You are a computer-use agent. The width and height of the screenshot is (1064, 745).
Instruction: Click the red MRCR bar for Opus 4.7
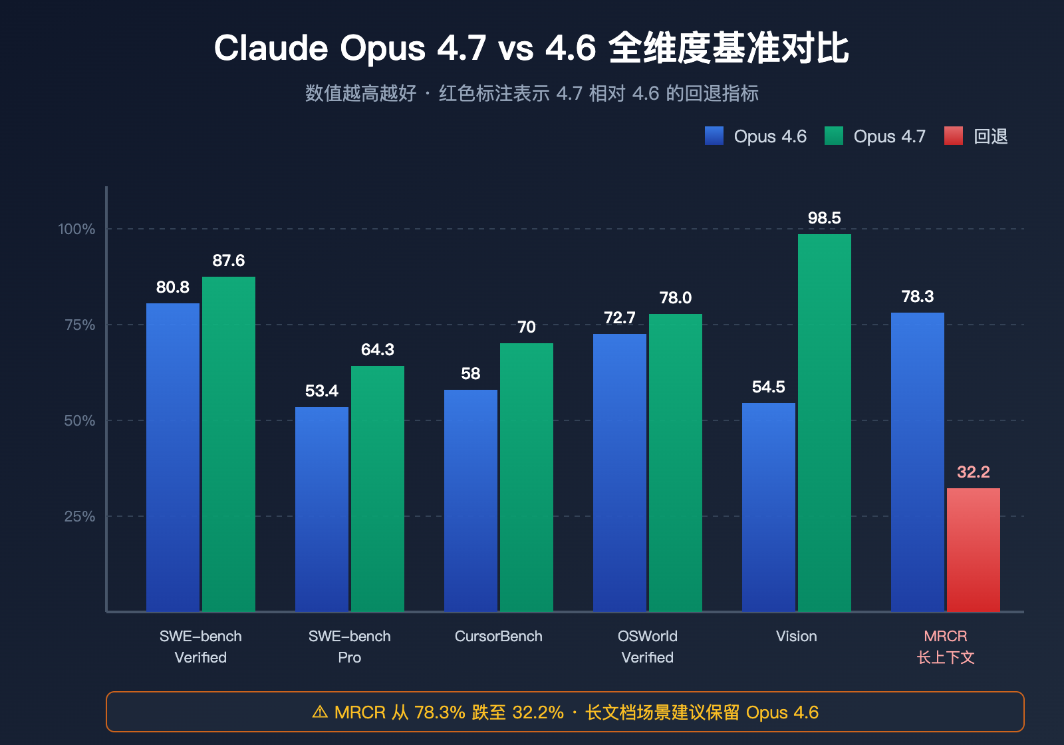point(973,549)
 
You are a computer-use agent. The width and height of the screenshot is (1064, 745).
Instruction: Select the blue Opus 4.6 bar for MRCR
point(917,462)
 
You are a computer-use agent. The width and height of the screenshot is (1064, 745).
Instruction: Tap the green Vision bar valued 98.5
point(824,422)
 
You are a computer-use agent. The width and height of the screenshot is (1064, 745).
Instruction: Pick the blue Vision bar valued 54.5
point(768,507)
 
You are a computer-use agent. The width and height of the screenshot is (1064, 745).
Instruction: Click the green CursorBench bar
point(526,477)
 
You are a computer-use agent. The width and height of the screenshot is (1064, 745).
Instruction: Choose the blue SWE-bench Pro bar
point(321,509)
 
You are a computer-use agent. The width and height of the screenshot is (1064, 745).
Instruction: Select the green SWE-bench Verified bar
point(228,444)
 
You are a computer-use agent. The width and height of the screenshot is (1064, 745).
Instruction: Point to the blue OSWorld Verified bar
point(619,472)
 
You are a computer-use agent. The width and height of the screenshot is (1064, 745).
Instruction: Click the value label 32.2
point(973,472)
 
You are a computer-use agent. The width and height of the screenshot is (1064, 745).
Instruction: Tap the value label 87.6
point(228,261)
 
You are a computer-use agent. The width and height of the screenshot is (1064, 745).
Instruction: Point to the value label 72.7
point(619,318)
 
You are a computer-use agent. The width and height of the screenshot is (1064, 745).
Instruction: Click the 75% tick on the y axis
point(80,325)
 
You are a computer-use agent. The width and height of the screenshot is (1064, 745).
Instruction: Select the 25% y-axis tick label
point(80,516)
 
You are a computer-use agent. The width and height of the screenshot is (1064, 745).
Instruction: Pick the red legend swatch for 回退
point(953,136)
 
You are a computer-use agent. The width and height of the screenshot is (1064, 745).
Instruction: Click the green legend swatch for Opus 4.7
point(833,136)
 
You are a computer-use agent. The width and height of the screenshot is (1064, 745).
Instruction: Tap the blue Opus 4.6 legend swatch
point(714,136)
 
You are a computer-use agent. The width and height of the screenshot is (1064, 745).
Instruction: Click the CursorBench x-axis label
point(498,637)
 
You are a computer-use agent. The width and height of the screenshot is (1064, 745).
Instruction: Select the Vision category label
point(796,637)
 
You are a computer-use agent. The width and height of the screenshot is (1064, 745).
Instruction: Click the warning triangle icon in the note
point(320,712)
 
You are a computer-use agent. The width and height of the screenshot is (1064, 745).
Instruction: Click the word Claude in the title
point(271,49)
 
